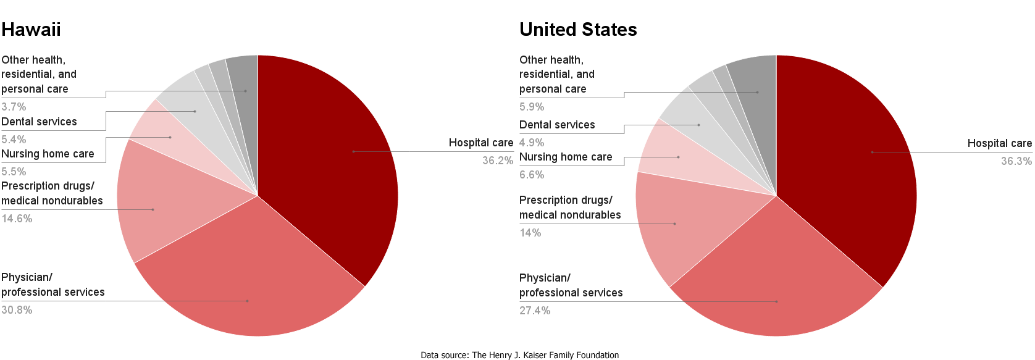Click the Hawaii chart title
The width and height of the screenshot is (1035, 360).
pyautogui.click(x=31, y=30)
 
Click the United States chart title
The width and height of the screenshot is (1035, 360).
pyautogui.click(x=577, y=30)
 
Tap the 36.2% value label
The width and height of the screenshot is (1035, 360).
pyautogui.click(x=497, y=161)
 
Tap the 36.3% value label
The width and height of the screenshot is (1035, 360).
pyautogui.click(x=1016, y=161)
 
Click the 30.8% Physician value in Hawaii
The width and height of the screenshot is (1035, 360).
pyautogui.click(x=17, y=310)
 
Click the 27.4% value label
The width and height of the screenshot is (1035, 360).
pyautogui.click(x=535, y=311)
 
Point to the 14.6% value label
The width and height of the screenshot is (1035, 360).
pyautogui.click(x=17, y=219)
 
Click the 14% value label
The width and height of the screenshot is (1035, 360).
pyautogui.click(x=530, y=233)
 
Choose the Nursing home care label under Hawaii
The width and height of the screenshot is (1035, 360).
pyautogui.click(x=48, y=154)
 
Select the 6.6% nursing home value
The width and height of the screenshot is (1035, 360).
pyautogui.click(x=532, y=175)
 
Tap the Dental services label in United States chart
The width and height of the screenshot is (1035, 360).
pyautogui.click(x=557, y=125)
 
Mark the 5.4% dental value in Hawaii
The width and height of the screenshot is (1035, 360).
pyautogui.click(x=14, y=140)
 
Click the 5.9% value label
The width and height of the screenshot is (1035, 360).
pyautogui.click(x=532, y=107)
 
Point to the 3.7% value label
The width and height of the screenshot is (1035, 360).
pyautogui.click(x=14, y=107)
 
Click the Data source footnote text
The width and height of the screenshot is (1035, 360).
pyautogui.click(x=519, y=355)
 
